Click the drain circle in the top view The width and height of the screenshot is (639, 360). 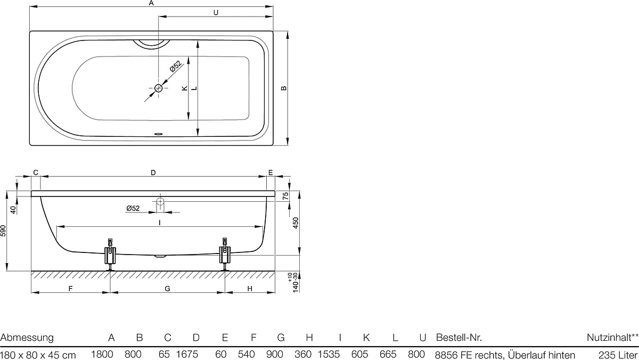158,88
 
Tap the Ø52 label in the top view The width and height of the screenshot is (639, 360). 176,66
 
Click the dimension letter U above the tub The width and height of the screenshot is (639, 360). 216,13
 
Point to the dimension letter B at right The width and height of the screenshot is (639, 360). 283,88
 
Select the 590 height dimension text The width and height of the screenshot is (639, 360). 3,231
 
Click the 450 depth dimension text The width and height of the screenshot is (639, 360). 296,223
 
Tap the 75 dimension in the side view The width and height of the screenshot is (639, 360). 285,196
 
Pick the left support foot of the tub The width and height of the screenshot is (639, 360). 110,255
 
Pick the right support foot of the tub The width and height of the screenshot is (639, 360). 225,255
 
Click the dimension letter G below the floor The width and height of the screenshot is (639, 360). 167,289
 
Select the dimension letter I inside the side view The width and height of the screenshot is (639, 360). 159,223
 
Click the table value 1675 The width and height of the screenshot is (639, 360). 187,354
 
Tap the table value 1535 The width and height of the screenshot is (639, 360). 329,354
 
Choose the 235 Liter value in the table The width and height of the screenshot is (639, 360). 618,355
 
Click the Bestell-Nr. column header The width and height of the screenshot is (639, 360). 458,338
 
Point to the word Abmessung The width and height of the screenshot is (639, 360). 27,338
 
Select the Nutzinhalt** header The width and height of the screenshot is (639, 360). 612,338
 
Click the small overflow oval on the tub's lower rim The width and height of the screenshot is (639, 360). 158,134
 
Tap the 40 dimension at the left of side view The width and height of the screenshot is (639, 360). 13,210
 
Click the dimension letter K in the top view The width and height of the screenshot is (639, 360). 185,88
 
